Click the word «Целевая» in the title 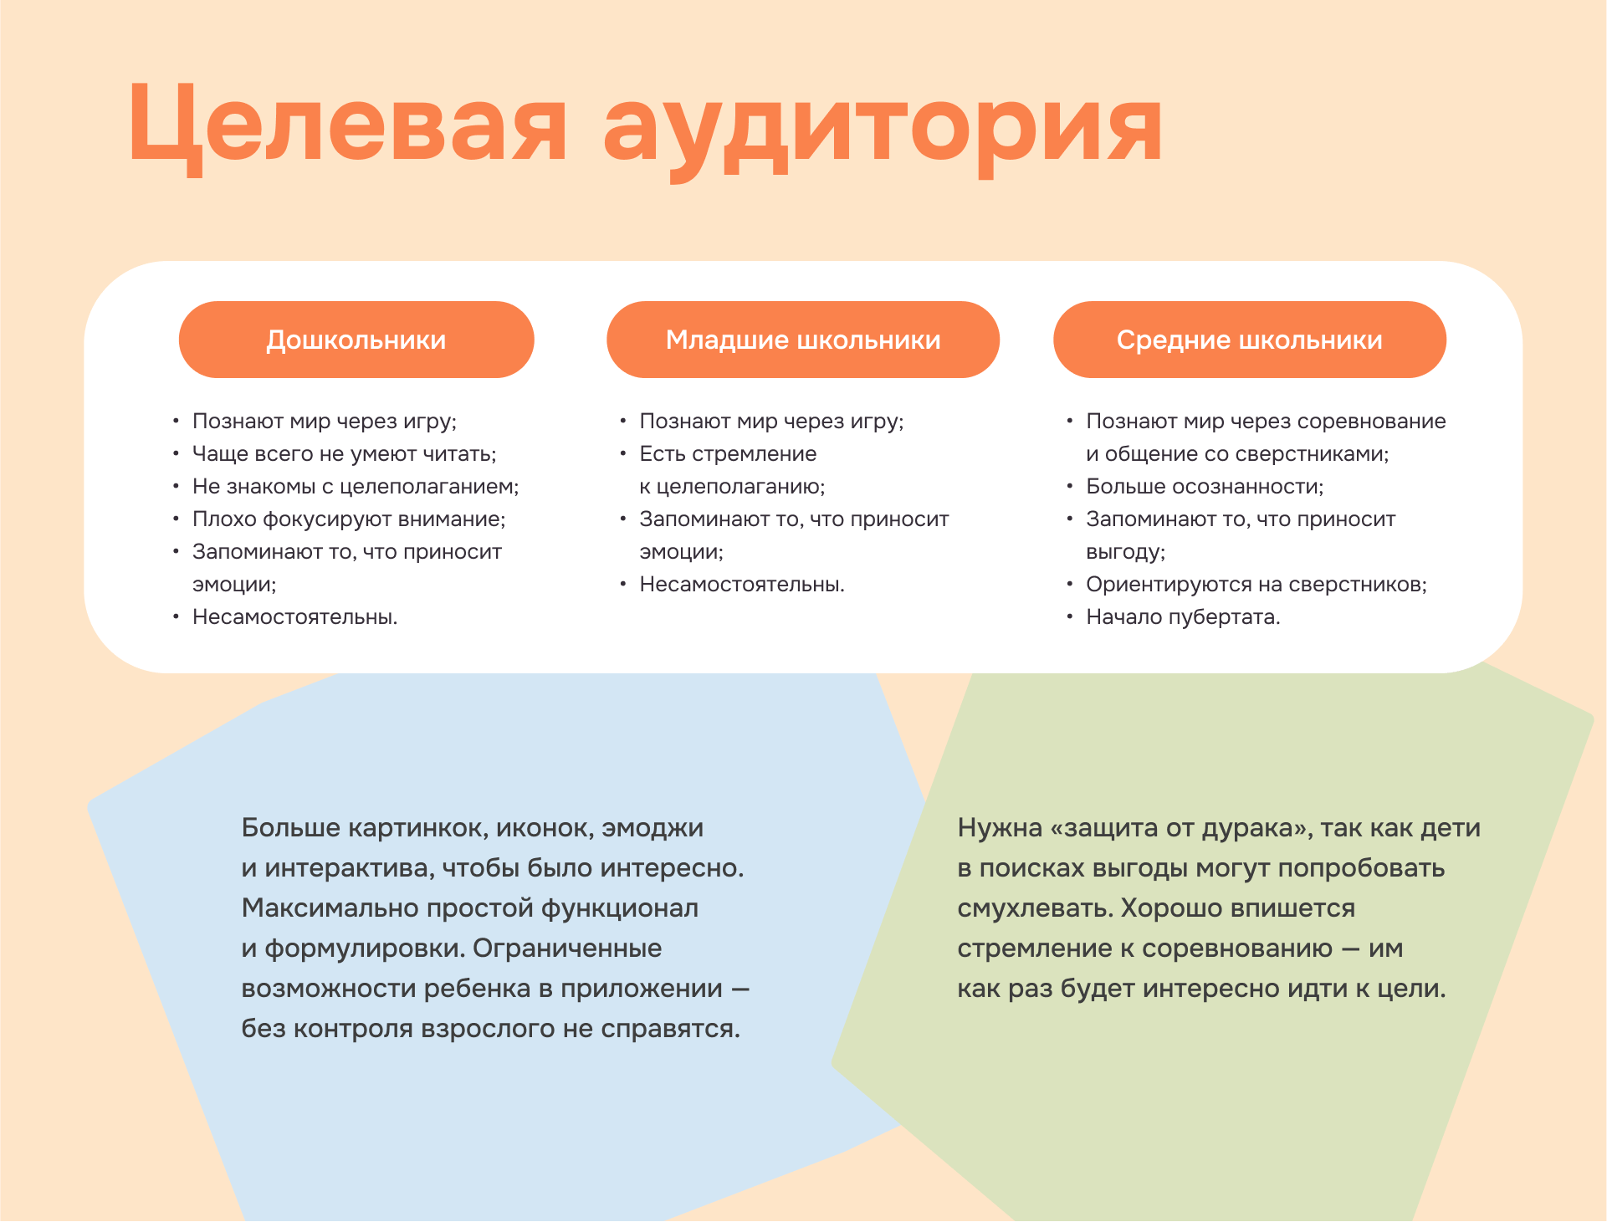pyautogui.click(x=347, y=125)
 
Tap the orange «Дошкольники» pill pyautogui.click(x=356, y=340)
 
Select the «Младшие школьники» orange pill pyautogui.click(x=803, y=340)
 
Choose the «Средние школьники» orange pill pyautogui.click(x=1249, y=340)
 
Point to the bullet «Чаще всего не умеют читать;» pyautogui.click(x=344, y=454)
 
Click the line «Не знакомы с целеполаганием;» pyautogui.click(x=356, y=487)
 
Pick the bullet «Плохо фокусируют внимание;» pyautogui.click(x=349, y=519)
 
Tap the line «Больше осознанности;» pyautogui.click(x=1205, y=487)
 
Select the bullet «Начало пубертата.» pyautogui.click(x=1183, y=617)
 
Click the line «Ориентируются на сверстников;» pyautogui.click(x=1256, y=585)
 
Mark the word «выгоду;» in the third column pyautogui.click(x=1125, y=552)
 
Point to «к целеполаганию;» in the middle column pyautogui.click(x=732, y=487)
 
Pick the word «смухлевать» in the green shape pyautogui.click(x=1033, y=908)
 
